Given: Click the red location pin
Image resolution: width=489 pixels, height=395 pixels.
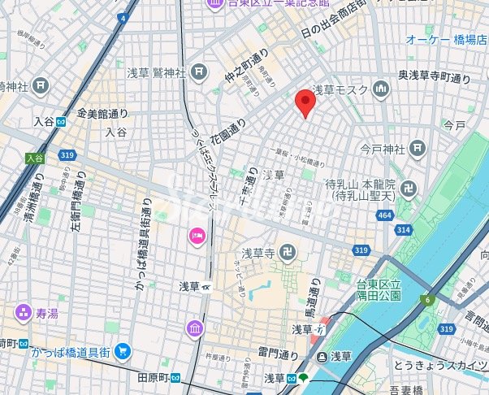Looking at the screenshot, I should coord(305,102).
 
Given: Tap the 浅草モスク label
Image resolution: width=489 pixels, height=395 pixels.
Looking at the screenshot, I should coord(340,89).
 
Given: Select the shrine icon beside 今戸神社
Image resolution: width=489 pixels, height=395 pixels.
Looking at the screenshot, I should coord(418,149).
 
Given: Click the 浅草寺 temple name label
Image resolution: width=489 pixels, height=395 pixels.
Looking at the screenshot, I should coord(257,254).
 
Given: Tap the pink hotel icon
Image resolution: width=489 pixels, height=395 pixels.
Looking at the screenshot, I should coord(197,236).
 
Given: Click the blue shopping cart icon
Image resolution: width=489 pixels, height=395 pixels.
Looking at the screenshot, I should coord(122,351).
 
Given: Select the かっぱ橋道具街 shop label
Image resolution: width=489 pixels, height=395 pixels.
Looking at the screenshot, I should coord(71,351).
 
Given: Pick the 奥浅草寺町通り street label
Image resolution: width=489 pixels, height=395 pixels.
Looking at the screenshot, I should coord(435,77).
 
